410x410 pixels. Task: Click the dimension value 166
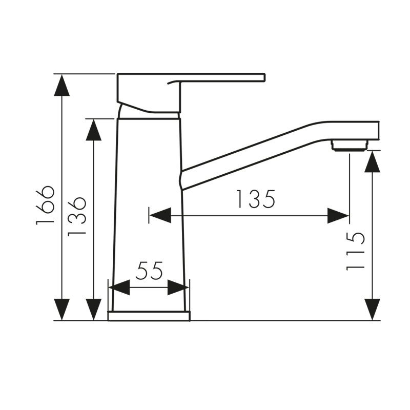pos(45,204)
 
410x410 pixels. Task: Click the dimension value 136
pos(77,216)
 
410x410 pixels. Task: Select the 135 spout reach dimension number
pos(255,199)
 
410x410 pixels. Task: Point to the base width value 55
pos(149,270)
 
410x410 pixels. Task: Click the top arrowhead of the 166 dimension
pos(62,85)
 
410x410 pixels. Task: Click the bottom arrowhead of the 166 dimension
pos(62,310)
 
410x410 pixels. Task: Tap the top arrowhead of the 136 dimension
pos(94,130)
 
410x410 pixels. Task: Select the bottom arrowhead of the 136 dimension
pos(94,310)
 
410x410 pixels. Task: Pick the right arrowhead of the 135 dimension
pos(338,215)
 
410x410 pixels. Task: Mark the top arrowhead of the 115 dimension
pos(373,161)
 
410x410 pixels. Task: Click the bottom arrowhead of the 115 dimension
pos(373,310)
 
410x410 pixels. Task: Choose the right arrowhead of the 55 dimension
pos(178,288)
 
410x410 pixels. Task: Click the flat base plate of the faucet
pos(149,316)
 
